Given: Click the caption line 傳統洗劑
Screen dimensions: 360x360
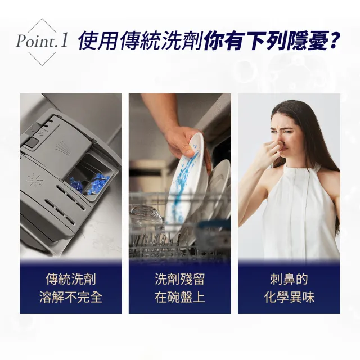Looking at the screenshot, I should click(x=71, y=280).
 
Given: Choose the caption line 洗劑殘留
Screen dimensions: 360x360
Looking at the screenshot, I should click(x=179, y=280).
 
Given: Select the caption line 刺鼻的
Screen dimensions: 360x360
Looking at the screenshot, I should click(x=289, y=280).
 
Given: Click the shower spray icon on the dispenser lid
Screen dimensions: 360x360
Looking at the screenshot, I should click(x=61, y=147).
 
